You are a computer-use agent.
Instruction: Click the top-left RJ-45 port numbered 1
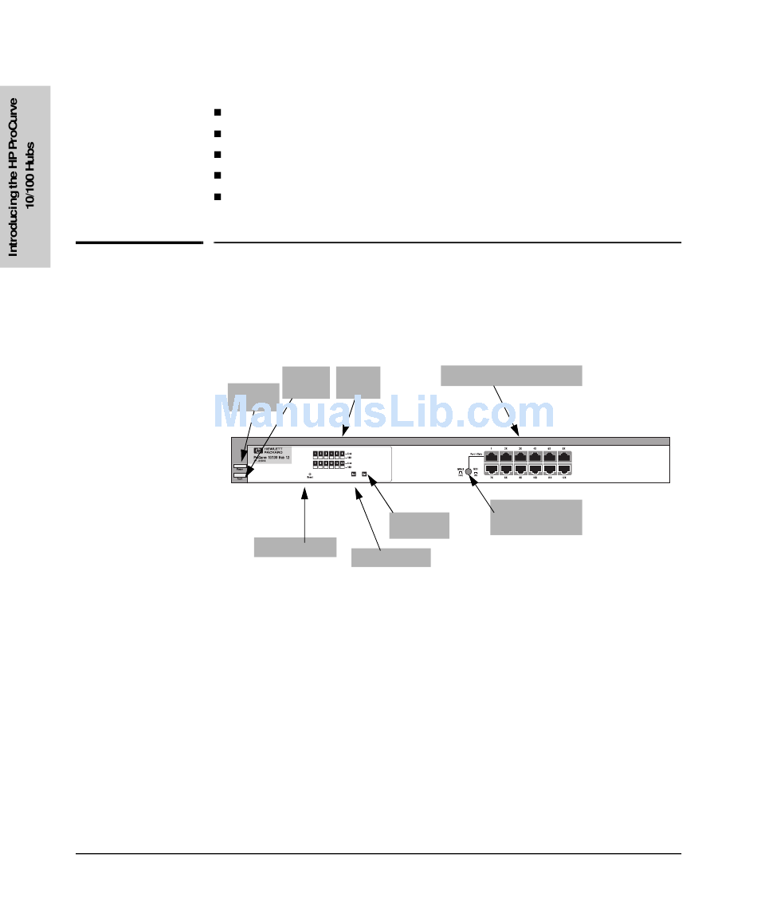[492, 457]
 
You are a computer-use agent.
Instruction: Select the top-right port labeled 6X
[564, 457]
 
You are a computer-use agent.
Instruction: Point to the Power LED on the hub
[240, 467]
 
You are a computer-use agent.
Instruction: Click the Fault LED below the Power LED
[240, 477]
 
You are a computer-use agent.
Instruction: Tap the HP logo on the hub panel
[257, 451]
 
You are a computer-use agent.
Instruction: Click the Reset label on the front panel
[309, 478]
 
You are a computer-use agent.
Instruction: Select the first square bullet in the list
[217, 113]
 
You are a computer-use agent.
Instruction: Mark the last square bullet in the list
[217, 196]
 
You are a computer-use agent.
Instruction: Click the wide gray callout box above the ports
[511, 375]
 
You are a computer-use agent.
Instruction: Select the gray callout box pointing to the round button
[535, 517]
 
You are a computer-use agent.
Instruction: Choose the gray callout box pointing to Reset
[295, 547]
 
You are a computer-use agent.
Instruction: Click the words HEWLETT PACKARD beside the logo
[276, 451]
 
